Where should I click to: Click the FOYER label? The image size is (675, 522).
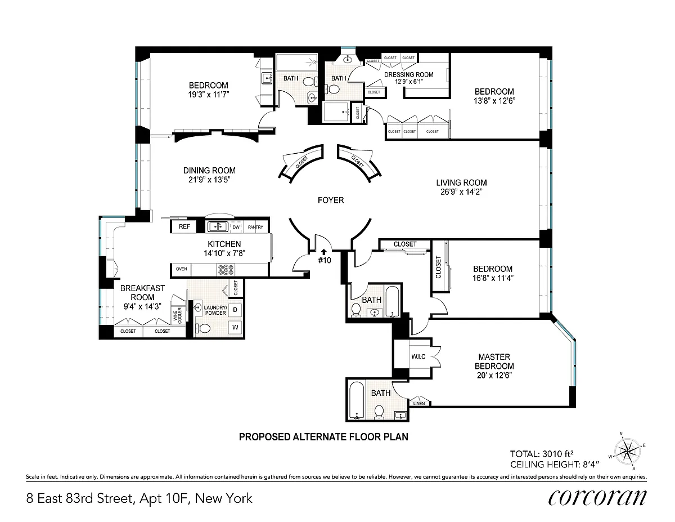pyautogui.click(x=331, y=200)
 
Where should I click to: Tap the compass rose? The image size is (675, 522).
pyautogui.click(x=627, y=451)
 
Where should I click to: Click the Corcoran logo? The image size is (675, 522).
pyautogui.click(x=597, y=498)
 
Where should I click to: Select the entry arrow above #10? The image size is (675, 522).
pyautogui.click(x=324, y=252)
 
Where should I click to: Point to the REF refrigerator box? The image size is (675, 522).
pyautogui.click(x=184, y=226)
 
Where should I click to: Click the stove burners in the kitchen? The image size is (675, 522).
pyautogui.click(x=226, y=270)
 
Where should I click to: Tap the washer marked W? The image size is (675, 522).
pyautogui.click(x=235, y=327)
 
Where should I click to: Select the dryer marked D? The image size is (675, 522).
pyautogui.click(x=235, y=310)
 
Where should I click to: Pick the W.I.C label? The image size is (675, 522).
pyautogui.click(x=418, y=356)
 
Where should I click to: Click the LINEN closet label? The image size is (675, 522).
pyautogui.click(x=419, y=404)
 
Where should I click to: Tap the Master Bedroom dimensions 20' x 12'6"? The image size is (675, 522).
pyautogui.click(x=494, y=375)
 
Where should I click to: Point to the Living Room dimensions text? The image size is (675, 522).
pyautogui.click(x=461, y=192)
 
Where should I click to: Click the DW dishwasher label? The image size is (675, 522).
pyautogui.click(x=236, y=227)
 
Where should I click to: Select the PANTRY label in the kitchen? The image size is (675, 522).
pyautogui.click(x=255, y=227)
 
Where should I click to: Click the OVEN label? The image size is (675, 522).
pyautogui.click(x=182, y=269)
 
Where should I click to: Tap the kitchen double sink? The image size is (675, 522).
pyautogui.click(x=218, y=226)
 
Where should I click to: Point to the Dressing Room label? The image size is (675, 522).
pyautogui.click(x=408, y=75)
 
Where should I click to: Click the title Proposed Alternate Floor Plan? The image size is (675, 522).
pyautogui.click(x=323, y=437)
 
